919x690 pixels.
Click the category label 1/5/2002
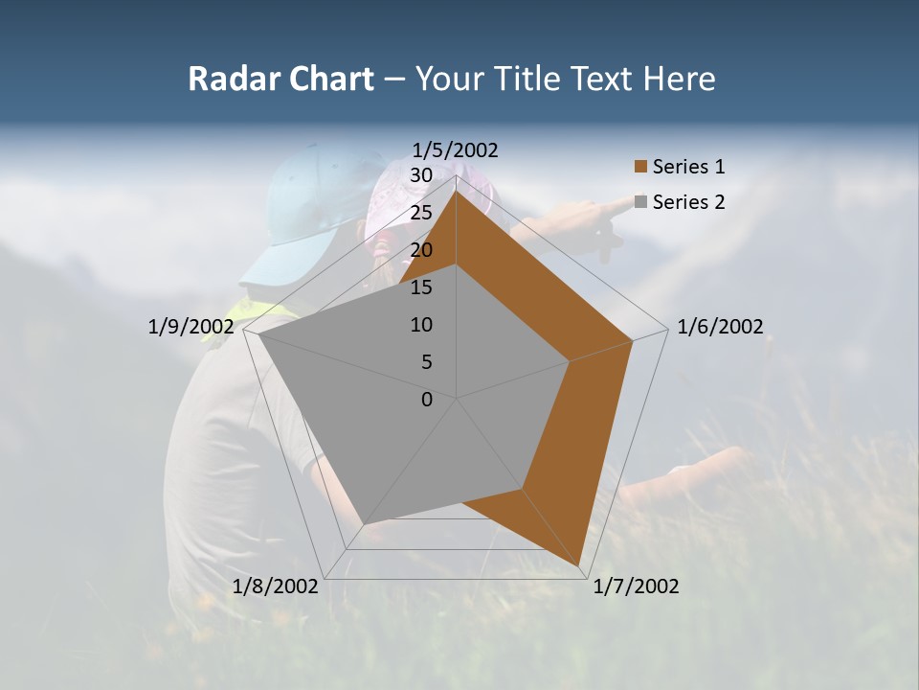pos(455,149)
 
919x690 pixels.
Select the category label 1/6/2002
pos(720,327)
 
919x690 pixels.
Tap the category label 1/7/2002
pos(636,586)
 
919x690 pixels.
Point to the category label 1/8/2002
pos(276,586)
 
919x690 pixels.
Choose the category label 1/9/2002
pos(191,327)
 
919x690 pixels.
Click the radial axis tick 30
pos(420,175)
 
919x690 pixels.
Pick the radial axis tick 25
pos(420,213)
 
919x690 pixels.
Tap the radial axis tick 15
pos(420,287)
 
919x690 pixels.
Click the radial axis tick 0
pos(427,400)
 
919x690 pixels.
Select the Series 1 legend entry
pos(688,167)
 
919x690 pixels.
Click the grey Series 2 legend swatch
pos(640,202)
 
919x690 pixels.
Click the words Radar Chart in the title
pos(280,79)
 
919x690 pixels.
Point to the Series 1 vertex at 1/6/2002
pos(633,340)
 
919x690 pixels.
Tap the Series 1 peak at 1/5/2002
pos(457,191)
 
